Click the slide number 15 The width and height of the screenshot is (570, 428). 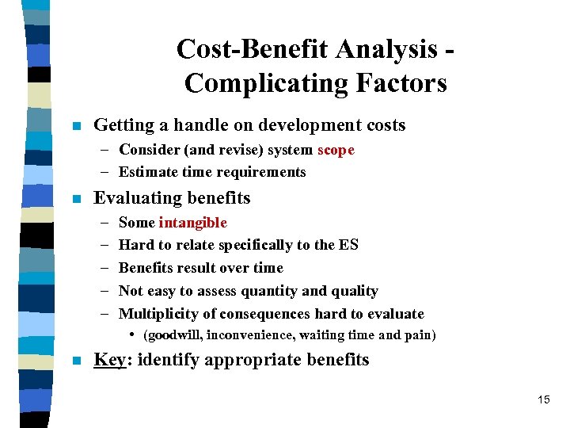click(x=543, y=399)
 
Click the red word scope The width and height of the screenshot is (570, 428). click(x=336, y=150)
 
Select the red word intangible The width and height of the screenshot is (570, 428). click(x=192, y=223)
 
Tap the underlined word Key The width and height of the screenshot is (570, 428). click(x=109, y=360)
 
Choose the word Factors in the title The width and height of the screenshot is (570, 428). click(x=405, y=82)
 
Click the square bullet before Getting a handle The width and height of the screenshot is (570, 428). click(x=76, y=126)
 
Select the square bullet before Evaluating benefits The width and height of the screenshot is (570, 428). click(x=76, y=199)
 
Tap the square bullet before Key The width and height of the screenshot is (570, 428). click(x=76, y=361)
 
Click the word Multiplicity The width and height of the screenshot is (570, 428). click(x=158, y=314)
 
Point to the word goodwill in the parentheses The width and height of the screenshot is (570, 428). click(x=173, y=334)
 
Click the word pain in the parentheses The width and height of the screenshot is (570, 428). click(x=418, y=334)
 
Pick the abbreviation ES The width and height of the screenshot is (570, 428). click(x=348, y=245)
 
